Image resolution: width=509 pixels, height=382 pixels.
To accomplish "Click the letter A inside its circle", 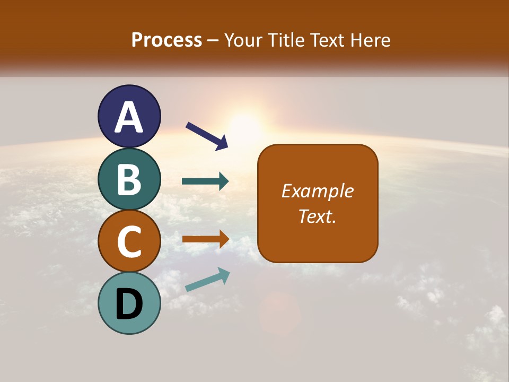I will click(129, 117).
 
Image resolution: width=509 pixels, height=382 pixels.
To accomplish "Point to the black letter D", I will click(129, 304).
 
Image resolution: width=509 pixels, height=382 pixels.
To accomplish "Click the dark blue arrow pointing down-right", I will click(207, 136).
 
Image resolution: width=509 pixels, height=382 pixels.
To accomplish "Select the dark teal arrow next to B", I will click(205, 181).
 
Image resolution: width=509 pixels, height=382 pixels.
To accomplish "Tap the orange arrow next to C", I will click(205, 239).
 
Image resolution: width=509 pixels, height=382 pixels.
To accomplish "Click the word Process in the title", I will click(166, 40).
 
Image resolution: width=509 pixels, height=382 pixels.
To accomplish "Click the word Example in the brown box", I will click(318, 191).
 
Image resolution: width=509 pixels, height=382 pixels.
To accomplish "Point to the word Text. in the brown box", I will click(318, 216).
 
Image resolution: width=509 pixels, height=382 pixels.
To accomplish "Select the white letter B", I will click(129, 179).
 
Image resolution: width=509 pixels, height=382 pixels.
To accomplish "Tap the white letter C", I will click(129, 242).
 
